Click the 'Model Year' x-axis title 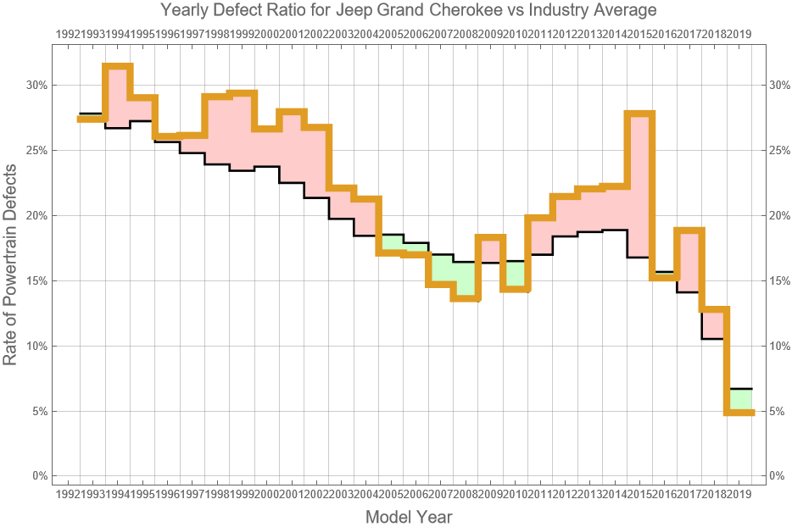point(408,516)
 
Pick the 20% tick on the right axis point(778,215)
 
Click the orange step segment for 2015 point(639,114)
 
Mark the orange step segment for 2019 point(739,413)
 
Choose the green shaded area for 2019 point(739,400)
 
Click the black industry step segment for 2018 point(714,339)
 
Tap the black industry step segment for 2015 point(639,257)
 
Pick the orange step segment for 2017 point(689,230)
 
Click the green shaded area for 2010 point(515,275)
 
